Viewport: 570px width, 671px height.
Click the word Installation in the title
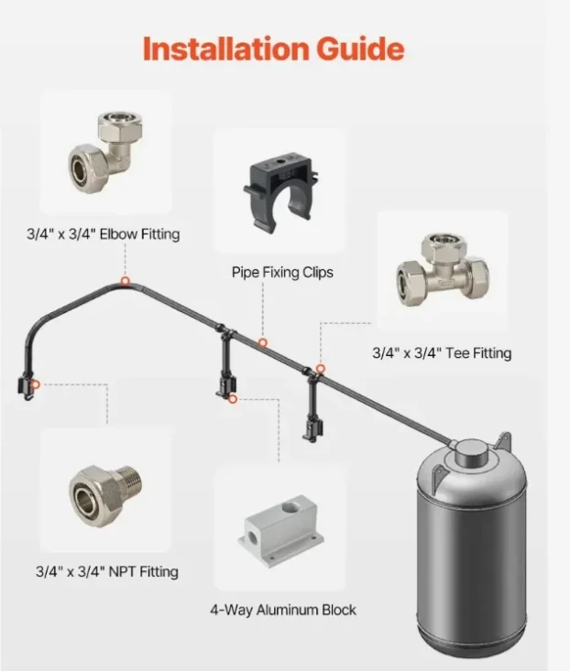[225, 49]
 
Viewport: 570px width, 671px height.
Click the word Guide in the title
[360, 49]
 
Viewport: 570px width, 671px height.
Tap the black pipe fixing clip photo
[280, 192]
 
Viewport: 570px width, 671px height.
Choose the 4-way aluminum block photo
[281, 531]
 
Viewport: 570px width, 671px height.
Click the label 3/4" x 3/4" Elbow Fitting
[104, 234]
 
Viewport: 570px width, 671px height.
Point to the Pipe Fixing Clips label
[282, 272]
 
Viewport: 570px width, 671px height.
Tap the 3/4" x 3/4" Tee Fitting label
[442, 353]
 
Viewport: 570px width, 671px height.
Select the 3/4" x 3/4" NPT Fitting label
[107, 571]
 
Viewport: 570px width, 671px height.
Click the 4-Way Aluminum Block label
[283, 610]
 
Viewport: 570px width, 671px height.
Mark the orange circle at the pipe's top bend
[125, 281]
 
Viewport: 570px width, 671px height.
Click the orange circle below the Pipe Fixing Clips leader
[263, 342]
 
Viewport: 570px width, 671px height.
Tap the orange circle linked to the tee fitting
[321, 369]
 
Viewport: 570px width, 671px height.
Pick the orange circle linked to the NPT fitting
[36, 384]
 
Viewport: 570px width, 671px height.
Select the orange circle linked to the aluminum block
[233, 399]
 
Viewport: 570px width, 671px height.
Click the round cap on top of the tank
[471, 453]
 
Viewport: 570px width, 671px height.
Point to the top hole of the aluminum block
[291, 507]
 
